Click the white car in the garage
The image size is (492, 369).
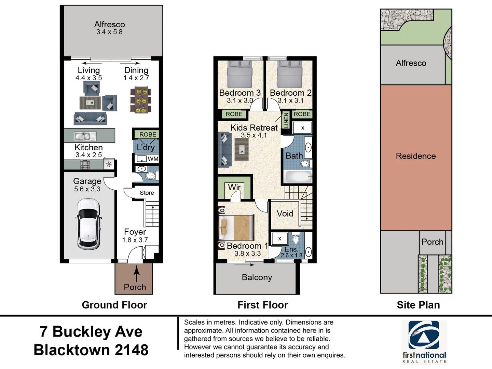[x=88, y=224]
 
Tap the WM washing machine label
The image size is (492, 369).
[x=153, y=159]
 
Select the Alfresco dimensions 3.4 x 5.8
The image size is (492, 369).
[x=109, y=32]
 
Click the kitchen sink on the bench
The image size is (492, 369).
[x=85, y=136]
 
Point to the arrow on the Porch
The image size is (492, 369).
[x=136, y=274]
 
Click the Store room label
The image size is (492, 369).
[x=147, y=193]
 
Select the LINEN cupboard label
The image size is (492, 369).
[x=286, y=120]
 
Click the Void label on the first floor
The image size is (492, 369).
[x=285, y=214]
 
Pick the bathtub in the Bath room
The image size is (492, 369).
[x=298, y=177]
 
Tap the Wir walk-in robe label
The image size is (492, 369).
[x=234, y=187]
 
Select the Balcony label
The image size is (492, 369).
[x=257, y=277]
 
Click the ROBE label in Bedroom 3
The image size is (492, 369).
[x=234, y=114]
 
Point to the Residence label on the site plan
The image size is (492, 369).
[x=416, y=156]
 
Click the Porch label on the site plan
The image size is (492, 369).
[x=432, y=242]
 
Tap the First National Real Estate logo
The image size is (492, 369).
[x=424, y=342]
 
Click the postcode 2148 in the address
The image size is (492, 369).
[x=132, y=350]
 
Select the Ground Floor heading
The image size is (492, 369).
[x=114, y=305]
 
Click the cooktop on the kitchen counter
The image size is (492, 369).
[x=85, y=165]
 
